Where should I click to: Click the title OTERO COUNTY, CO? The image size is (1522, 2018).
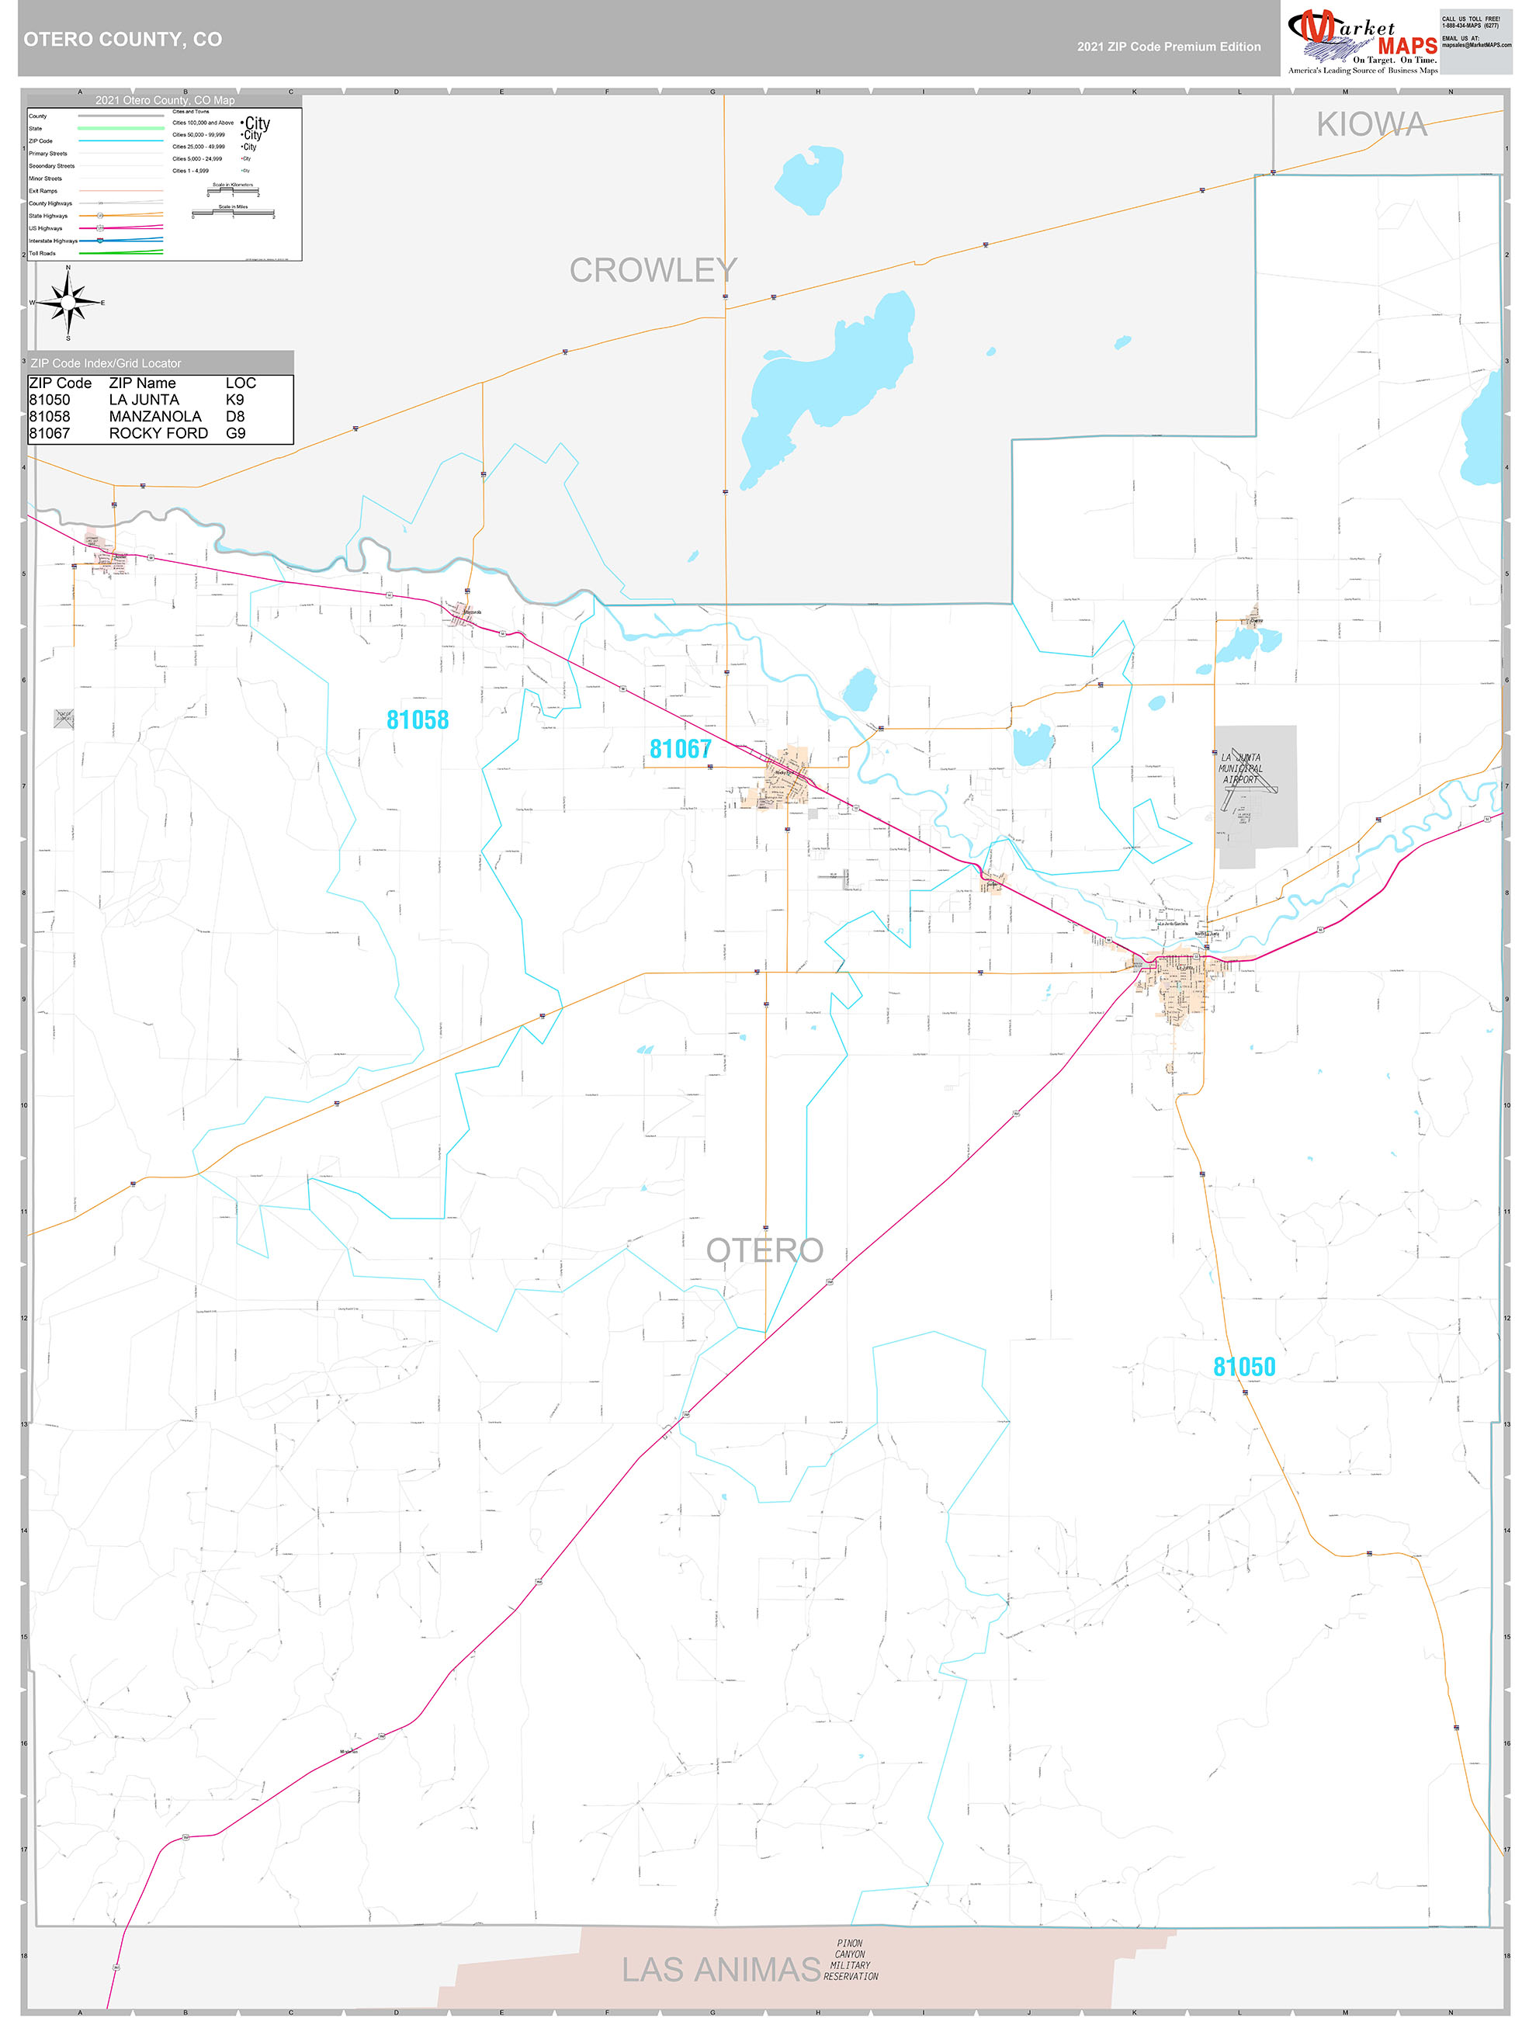(x=123, y=40)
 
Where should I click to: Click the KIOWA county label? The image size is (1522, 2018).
(x=1371, y=124)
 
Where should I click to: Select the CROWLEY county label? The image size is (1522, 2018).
(x=653, y=270)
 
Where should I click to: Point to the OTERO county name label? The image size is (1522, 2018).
(x=764, y=1250)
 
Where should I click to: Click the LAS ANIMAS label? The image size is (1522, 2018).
(x=721, y=1970)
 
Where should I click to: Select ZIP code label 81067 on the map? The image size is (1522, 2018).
(x=680, y=749)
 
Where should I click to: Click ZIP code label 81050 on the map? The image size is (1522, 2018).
(x=1243, y=1367)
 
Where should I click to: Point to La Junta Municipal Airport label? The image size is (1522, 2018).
(x=1241, y=768)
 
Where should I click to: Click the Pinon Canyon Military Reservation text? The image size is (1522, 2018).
(x=851, y=1961)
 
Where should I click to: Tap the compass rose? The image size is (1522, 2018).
(x=68, y=302)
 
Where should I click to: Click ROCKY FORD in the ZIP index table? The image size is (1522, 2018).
(x=158, y=433)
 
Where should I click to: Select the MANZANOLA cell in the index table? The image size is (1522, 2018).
(x=154, y=416)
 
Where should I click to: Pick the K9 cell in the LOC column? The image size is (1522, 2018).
(x=234, y=400)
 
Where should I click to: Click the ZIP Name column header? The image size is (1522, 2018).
(x=141, y=383)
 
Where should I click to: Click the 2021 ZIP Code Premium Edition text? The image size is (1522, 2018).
(x=1168, y=47)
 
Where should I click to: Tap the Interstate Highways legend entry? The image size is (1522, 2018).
(x=52, y=241)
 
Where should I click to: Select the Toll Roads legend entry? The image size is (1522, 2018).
(x=42, y=254)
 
